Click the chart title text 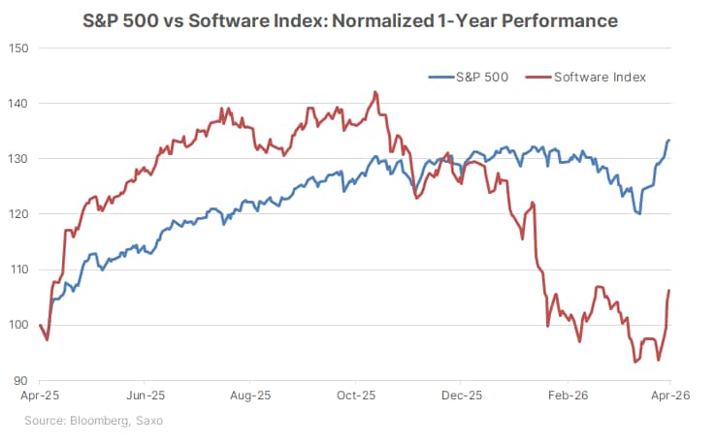(356, 18)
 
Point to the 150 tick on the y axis (17, 48)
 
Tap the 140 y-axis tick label (17, 104)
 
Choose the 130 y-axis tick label (17, 159)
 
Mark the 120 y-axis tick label (17, 214)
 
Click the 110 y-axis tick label (17, 270)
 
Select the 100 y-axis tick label (17, 325)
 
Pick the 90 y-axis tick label (19, 380)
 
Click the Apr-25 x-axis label (39, 396)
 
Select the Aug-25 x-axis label (250, 396)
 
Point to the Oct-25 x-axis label (355, 396)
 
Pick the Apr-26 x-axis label (670, 396)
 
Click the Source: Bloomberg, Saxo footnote (94, 419)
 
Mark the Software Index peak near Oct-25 (374, 92)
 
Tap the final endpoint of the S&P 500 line (669, 141)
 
